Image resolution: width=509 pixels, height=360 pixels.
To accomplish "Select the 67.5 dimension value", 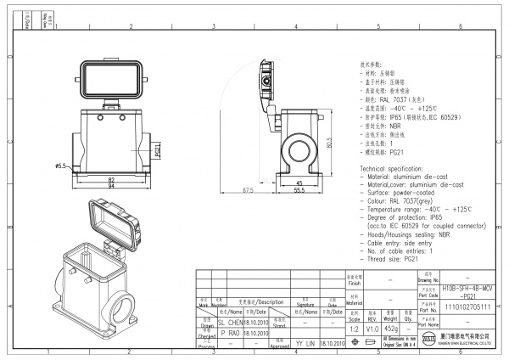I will [248, 190].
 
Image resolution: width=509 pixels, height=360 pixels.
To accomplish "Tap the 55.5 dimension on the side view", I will [299, 190].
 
